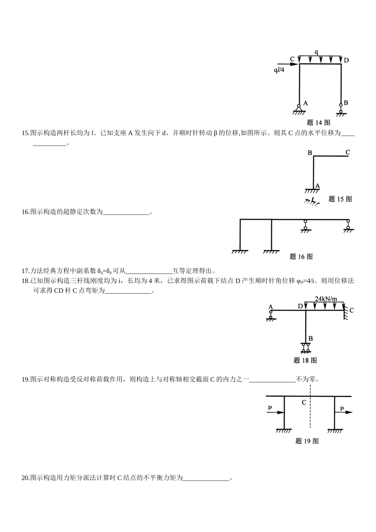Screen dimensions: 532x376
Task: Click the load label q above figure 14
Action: [316, 52]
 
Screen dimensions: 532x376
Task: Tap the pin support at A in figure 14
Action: [299, 108]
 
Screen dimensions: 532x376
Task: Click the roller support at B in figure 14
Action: [341, 109]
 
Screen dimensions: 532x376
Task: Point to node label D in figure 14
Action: [346, 60]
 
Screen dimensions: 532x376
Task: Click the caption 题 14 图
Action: [319, 122]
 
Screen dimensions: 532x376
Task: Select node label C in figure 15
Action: [348, 152]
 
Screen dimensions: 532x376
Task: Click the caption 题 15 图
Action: [340, 199]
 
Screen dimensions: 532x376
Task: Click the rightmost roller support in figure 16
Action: [348, 226]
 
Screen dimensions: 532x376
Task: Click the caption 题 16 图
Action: [301, 256]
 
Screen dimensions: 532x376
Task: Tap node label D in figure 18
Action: [300, 306]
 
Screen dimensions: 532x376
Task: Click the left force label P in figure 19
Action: [270, 408]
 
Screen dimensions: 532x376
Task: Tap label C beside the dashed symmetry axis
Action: [304, 403]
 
